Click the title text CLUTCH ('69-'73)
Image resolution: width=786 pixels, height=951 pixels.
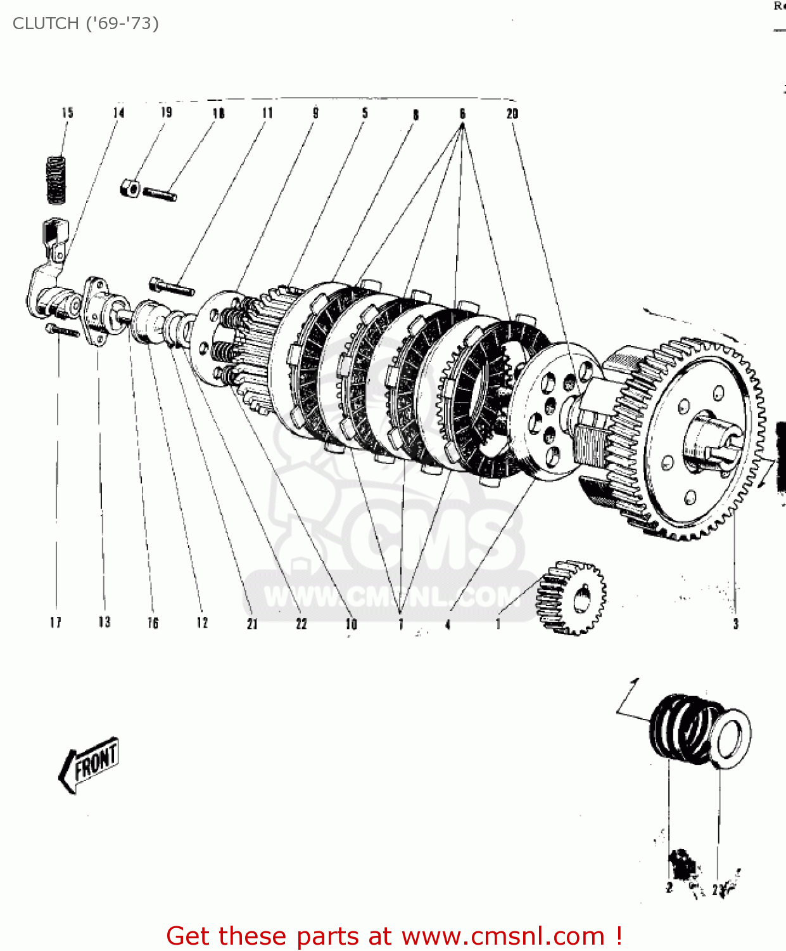click(86, 23)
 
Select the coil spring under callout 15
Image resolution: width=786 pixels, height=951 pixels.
click(57, 179)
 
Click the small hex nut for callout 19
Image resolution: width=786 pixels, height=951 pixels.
click(130, 188)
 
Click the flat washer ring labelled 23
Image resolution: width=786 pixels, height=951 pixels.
click(732, 739)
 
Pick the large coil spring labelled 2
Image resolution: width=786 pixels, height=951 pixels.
click(681, 729)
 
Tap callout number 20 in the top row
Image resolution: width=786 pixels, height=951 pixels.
click(512, 113)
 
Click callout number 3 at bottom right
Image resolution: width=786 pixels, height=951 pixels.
click(735, 624)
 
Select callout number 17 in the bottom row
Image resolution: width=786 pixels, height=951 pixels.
click(56, 623)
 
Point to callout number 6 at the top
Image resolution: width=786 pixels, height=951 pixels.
click(462, 113)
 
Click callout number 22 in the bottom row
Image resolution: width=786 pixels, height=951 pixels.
click(301, 624)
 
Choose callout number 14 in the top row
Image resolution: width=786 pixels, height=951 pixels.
click(118, 113)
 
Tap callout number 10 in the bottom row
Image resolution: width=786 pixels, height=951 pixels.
click(351, 624)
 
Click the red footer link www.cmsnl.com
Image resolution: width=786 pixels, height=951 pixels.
click(503, 936)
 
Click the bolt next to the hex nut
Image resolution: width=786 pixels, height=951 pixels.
click(160, 194)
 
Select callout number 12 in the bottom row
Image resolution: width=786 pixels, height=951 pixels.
click(202, 623)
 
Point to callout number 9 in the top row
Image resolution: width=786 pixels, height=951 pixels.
click(315, 113)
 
